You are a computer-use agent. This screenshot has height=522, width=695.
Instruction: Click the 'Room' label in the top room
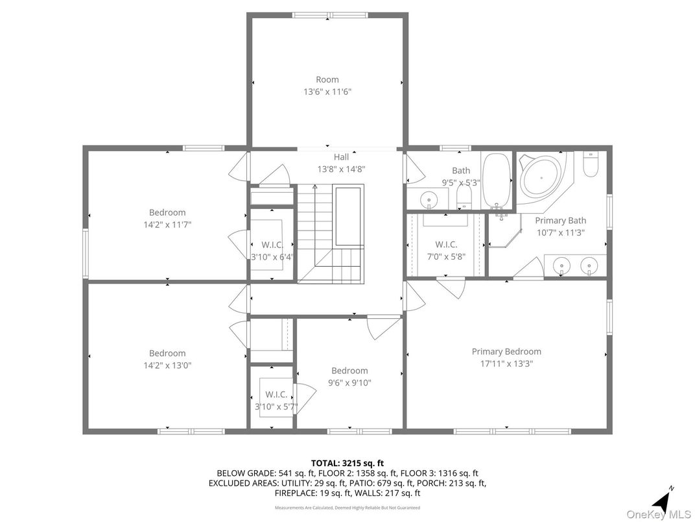coord(327,80)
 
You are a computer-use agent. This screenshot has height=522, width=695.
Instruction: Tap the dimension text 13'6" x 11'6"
coord(327,92)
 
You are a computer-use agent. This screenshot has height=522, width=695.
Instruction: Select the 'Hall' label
coord(341,157)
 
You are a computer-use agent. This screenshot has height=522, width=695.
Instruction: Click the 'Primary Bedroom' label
coord(506,352)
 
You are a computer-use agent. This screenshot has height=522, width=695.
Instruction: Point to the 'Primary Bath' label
coord(560,221)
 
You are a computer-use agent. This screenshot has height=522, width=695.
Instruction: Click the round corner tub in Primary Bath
coord(542,176)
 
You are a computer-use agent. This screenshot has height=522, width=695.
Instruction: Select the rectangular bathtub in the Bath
coord(498,179)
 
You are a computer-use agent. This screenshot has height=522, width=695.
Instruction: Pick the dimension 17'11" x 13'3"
coord(506,364)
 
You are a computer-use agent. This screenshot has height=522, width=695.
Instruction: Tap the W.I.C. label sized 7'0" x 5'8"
coord(446,245)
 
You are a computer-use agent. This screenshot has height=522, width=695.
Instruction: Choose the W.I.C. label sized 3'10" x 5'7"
coord(276,395)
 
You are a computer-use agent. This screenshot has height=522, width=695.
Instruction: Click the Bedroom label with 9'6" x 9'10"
coord(349,371)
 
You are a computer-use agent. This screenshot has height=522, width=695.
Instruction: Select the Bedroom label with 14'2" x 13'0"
coord(167,354)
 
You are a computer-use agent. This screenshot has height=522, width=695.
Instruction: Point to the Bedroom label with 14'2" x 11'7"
coord(167,212)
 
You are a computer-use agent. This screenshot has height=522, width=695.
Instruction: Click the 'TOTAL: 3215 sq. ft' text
coord(347,463)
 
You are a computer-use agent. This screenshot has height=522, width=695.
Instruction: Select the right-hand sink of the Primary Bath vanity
coord(589,264)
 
